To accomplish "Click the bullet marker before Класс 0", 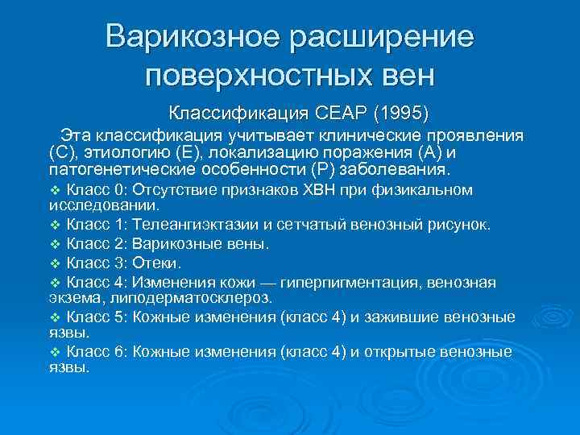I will [55, 191].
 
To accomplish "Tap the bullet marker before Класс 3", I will [55, 263].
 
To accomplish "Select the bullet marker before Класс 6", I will [55, 352].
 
